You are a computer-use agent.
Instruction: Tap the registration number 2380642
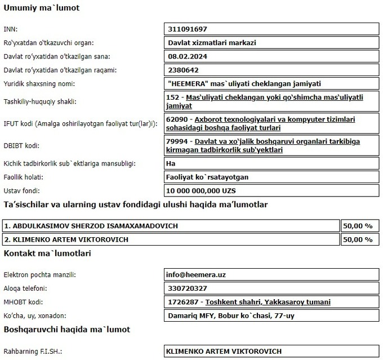point(184,70)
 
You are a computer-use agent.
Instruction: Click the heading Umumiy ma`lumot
point(42,8)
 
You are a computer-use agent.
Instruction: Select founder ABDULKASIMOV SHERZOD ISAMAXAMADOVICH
point(91,225)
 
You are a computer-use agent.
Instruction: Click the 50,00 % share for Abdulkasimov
point(358,225)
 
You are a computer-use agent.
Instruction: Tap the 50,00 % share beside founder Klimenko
point(358,239)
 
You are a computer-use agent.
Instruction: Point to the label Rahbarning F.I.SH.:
point(32,352)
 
